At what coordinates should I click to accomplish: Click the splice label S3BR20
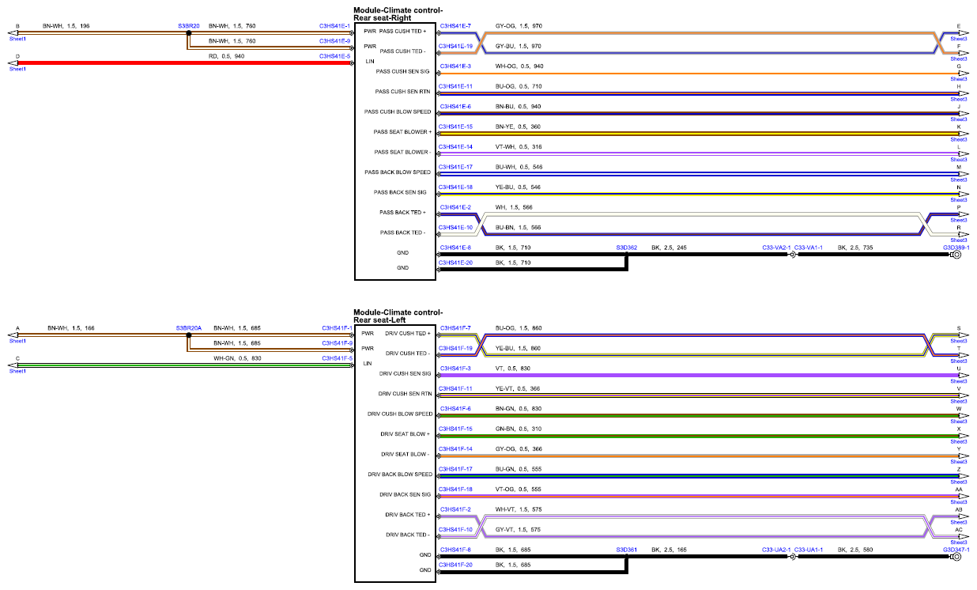coord(188,26)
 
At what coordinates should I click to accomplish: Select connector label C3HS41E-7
coord(455,26)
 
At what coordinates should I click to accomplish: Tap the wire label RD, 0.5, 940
coord(226,56)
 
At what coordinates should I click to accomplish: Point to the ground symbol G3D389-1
coord(956,255)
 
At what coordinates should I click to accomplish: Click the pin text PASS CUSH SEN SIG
coord(402,71)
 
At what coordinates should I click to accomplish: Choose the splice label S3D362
coord(626,248)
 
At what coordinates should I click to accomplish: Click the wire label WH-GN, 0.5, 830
coord(237,358)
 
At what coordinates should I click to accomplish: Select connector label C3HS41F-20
coord(455,565)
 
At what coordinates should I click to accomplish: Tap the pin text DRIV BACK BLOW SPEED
coord(400,475)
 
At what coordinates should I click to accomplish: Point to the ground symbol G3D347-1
coord(956,557)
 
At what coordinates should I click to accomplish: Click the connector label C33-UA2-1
coord(776,550)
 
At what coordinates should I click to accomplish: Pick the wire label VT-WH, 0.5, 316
coord(519,147)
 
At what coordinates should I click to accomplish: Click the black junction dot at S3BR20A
coord(188,335)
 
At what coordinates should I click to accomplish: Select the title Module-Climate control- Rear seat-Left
coord(398,316)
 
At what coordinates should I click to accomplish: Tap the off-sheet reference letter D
coord(17,56)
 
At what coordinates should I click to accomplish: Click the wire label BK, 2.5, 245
coord(669,248)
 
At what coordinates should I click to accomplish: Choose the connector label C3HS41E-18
coord(455,187)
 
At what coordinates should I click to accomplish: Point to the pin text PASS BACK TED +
coord(402,213)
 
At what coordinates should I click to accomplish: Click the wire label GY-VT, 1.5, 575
coord(518,530)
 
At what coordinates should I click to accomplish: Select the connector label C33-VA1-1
coord(808,248)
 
